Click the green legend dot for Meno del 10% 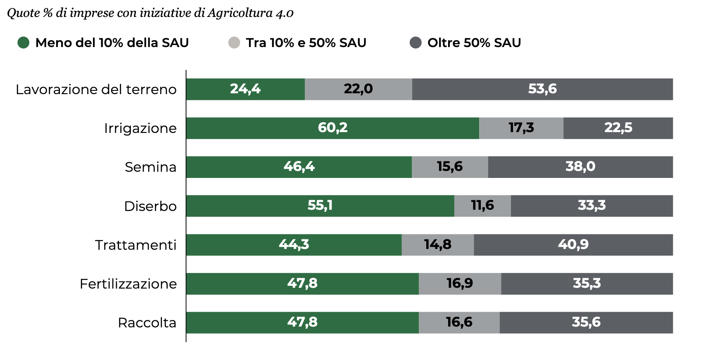[24, 43]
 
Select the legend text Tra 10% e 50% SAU [306, 43]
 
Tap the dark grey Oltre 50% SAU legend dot [416, 43]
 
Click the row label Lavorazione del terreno [96, 89]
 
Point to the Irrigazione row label [140, 128]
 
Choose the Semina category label [150, 167]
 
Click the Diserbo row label [150, 206]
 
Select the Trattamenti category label [135, 245]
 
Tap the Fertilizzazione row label [128, 284]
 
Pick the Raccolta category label [147, 322]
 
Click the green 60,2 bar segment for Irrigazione [332, 128]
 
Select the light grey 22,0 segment [358, 89]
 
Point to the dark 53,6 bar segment [542, 89]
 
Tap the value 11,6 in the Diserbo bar [482, 206]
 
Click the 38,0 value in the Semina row [580, 167]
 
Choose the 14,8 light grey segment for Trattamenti [437, 245]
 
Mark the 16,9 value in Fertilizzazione [460, 284]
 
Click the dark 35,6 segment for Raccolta [586, 322]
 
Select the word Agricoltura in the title [240, 13]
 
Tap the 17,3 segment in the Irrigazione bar [521, 128]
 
